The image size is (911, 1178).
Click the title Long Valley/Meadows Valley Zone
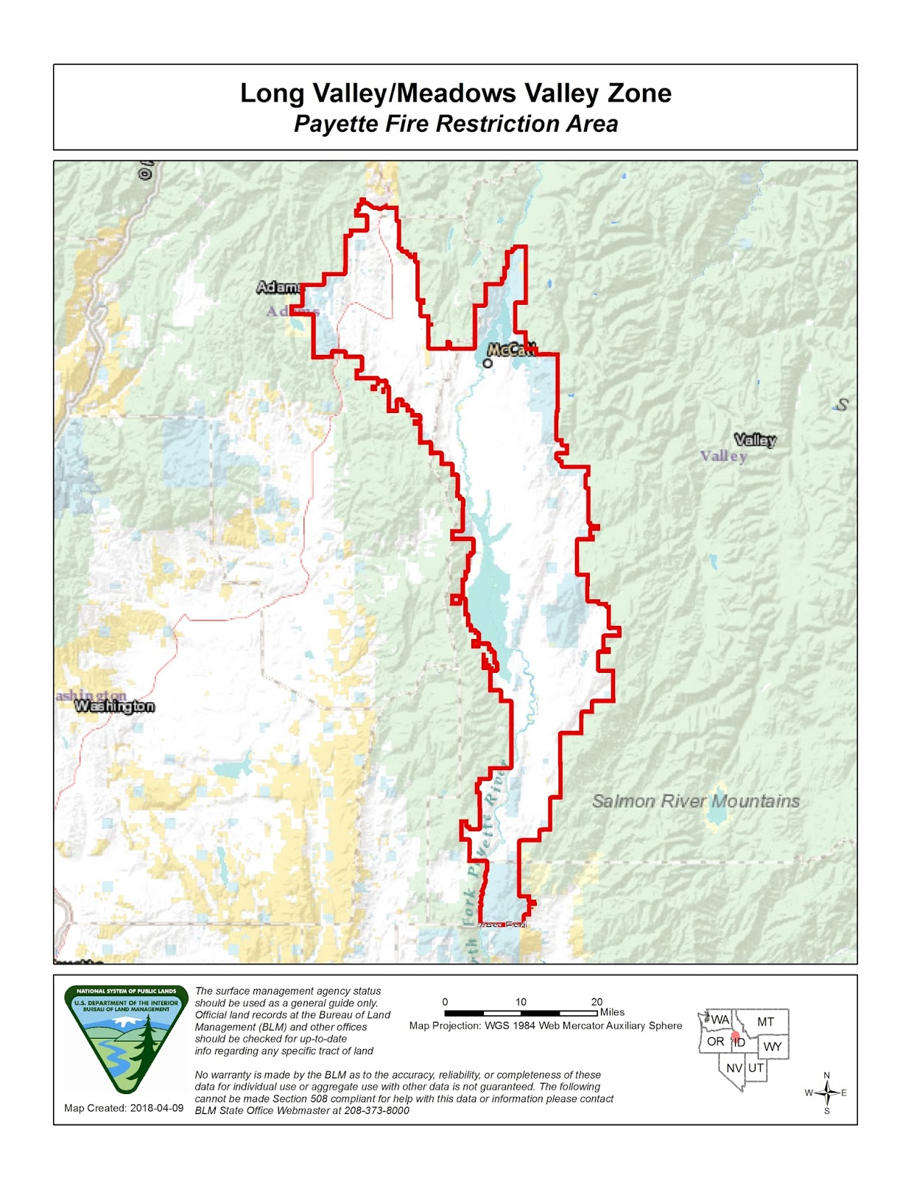[x=455, y=94]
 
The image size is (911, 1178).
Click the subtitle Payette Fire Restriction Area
[x=455, y=124]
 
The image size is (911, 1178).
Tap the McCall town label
[x=512, y=350]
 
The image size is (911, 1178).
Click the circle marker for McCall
[x=488, y=363]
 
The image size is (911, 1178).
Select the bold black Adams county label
[x=278, y=287]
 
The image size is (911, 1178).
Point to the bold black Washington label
[x=115, y=706]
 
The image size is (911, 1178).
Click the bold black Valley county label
[x=755, y=440]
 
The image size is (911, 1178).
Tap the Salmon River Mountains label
[x=695, y=801]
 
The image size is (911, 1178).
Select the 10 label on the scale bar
[x=521, y=1002]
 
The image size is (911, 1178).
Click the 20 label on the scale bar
[x=597, y=1002]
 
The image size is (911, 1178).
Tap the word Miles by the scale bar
[x=612, y=1012]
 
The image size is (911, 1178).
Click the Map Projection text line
[x=545, y=1026]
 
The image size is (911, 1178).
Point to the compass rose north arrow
[x=827, y=1093]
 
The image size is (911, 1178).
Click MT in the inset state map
[x=765, y=1022]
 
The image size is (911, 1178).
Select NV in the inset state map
[x=734, y=1068]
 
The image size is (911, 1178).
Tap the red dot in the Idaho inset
[x=735, y=1036]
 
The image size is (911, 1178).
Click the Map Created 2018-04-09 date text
[x=124, y=1108]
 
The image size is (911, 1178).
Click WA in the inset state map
[x=720, y=1020]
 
